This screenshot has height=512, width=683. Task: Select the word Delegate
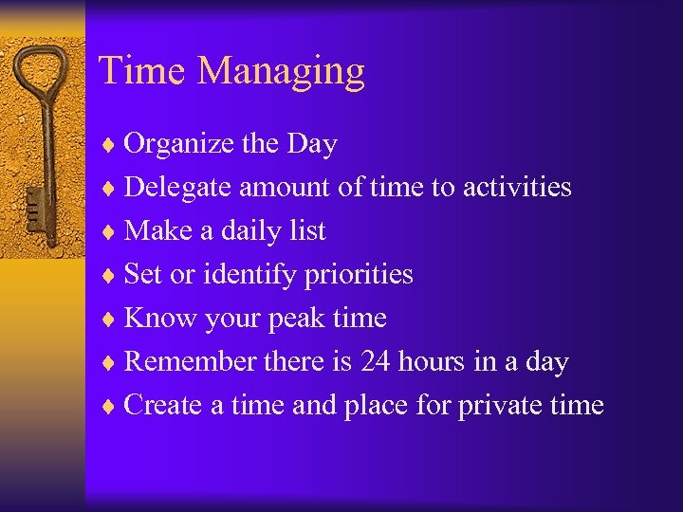pos(178,188)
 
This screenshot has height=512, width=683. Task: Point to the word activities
pos(517,187)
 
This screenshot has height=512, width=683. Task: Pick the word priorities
pos(359,275)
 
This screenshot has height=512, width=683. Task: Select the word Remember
pos(191,361)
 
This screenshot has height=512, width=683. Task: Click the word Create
pos(164,405)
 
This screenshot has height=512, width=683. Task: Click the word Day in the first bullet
pos(312,144)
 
